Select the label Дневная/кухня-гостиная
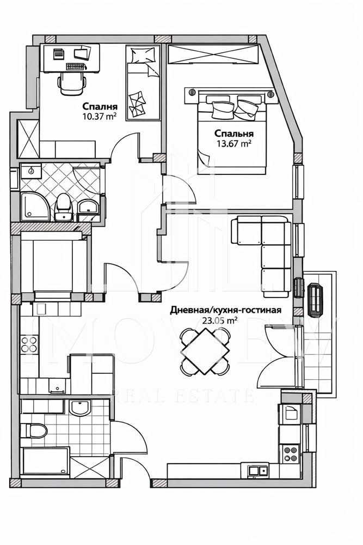click(225, 310)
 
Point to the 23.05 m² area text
click(219, 320)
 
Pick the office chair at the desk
click(72, 83)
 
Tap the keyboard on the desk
click(76, 66)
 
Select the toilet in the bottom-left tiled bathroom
click(34, 431)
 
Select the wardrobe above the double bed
click(212, 55)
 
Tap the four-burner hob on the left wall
click(28, 344)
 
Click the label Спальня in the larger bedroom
click(233, 134)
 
